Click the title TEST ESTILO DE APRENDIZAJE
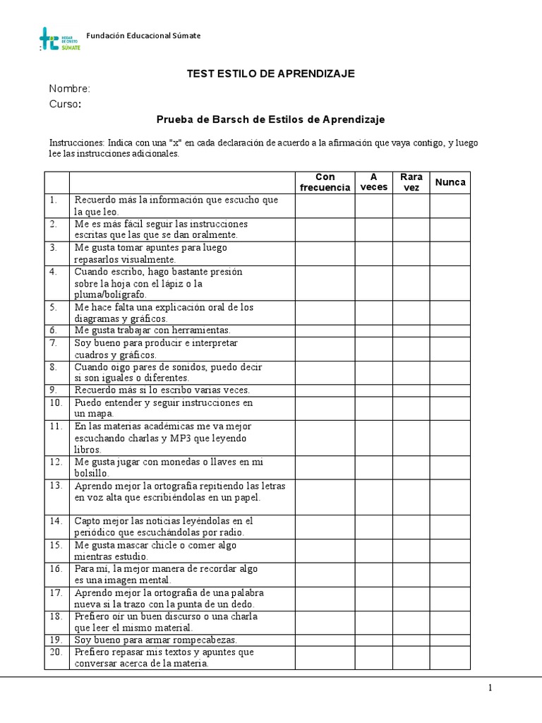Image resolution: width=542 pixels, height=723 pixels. coord(270,73)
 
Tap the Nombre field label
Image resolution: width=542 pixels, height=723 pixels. coord(69,89)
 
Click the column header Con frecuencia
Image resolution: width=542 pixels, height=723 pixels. coord(325,182)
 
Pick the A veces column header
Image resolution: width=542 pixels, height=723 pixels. coord(374,182)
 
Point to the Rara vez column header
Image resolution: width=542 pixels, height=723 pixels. coord(411,182)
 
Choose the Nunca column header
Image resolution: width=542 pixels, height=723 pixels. coord(450,182)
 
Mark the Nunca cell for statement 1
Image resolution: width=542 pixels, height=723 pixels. coord(450,205)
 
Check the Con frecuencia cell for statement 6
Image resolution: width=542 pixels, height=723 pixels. coord(325,330)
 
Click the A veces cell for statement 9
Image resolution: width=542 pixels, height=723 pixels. coord(374,390)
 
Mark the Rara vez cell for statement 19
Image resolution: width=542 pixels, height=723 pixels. coord(411,640)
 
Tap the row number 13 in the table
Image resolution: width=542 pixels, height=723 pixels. coord(56,485)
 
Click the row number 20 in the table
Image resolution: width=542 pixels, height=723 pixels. coord(56,652)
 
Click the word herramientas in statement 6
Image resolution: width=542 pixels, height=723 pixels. coord(195,330)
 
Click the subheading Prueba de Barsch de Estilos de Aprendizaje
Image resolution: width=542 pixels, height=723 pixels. coord(270,120)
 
